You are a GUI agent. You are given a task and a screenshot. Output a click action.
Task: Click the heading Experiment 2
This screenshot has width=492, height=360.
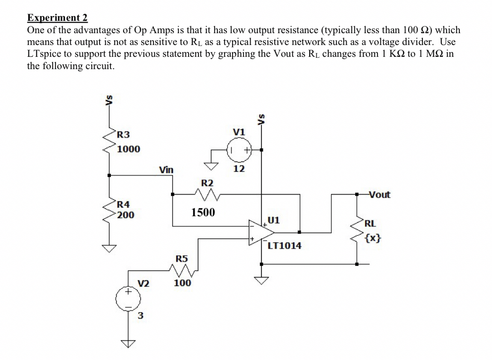coord(57,18)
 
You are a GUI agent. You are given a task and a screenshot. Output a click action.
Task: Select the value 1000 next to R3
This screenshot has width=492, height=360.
coord(129,149)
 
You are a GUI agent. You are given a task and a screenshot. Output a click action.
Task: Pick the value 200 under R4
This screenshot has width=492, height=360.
coord(126,215)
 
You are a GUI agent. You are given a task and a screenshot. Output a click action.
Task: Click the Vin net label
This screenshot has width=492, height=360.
coord(166,169)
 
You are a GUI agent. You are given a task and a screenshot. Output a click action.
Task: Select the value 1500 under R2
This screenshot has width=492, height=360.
coord(203,212)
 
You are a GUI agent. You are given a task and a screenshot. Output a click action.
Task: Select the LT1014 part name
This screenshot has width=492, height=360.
coord(284,246)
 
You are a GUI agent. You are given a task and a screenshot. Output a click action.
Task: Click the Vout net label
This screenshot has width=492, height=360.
coord(379,194)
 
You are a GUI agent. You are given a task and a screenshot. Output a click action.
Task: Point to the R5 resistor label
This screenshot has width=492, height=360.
coord(182,259)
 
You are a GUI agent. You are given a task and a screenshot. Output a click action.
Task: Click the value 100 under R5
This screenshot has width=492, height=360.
coord(182,283)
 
